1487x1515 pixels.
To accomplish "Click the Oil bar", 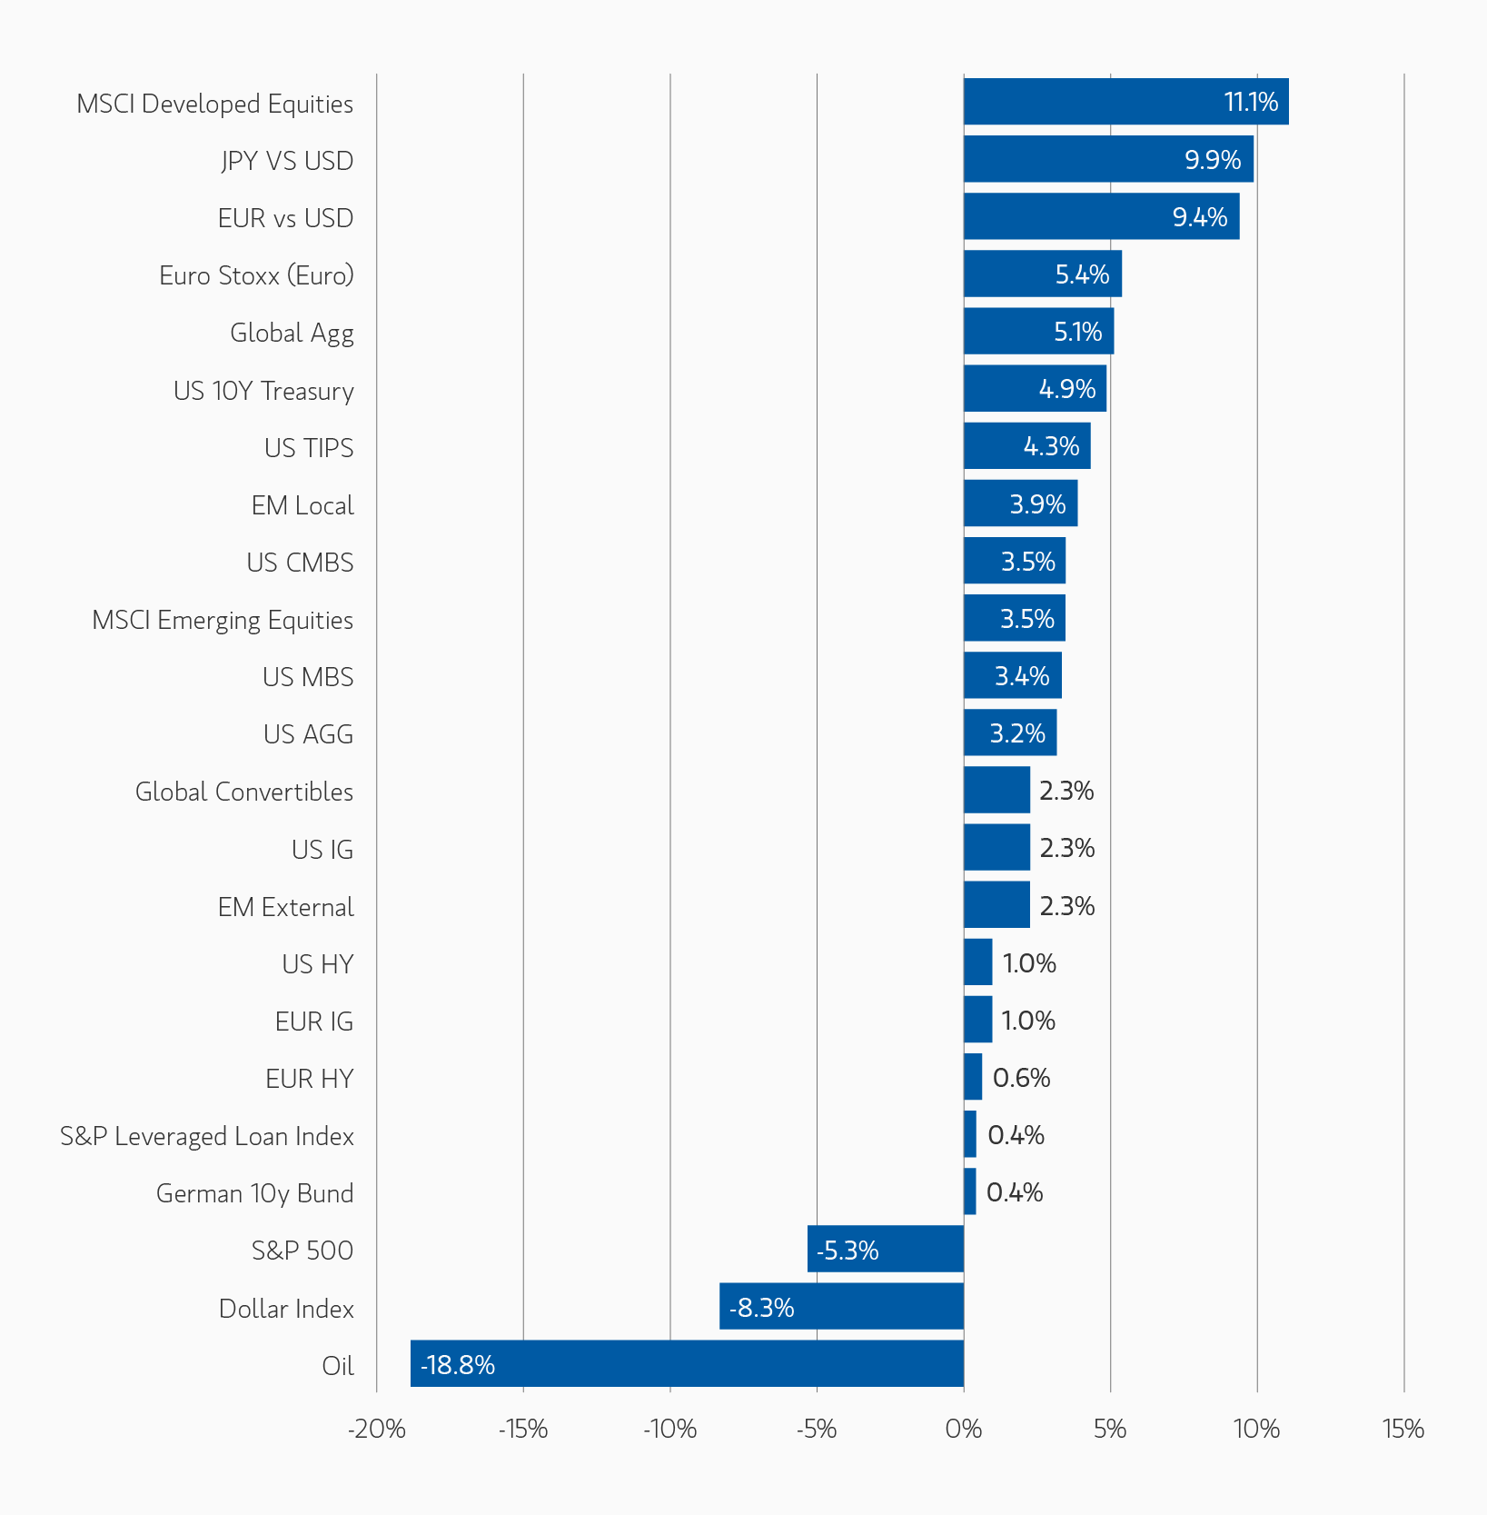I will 687,1363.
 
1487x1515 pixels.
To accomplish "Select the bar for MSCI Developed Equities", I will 1125,101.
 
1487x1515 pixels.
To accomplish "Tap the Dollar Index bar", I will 841,1306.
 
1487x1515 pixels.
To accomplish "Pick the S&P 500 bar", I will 886,1249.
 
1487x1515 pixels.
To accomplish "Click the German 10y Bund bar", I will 970,1191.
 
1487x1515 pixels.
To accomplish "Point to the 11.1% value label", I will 1251,102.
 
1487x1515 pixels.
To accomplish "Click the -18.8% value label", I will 458,1365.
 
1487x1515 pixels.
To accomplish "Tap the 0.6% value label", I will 1021,1078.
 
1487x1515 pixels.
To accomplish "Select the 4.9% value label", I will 1066,389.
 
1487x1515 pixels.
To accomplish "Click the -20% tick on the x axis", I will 377,1430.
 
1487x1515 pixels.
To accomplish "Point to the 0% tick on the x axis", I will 964,1430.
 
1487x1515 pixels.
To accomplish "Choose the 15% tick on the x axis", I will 1403,1430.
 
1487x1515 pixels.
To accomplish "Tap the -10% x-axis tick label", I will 670,1430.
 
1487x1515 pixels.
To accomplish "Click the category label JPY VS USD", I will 287,161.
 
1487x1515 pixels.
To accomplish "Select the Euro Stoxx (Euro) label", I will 256,275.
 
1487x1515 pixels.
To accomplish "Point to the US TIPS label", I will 309,448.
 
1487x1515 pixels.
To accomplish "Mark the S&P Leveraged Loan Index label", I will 207,1136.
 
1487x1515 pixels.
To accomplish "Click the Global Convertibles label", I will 244,792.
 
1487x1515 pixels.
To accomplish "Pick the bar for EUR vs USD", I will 1101,216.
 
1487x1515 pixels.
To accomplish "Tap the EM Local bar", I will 1020,503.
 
